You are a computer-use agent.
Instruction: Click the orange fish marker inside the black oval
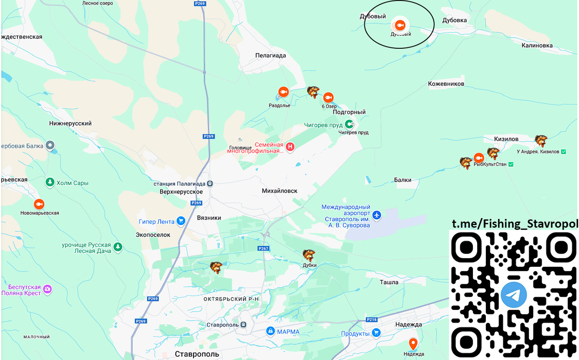click(400, 25)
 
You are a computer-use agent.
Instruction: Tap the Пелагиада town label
click(270, 55)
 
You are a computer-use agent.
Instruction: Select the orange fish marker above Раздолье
click(283, 92)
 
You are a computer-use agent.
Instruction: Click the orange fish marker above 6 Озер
click(329, 97)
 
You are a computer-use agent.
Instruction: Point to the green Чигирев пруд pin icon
click(348, 125)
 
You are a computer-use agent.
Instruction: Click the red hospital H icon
click(290, 147)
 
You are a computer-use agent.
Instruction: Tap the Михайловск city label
click(279, 191)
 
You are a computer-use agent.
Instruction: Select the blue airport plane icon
click(377, 214)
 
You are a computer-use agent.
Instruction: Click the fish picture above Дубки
click(309, 255)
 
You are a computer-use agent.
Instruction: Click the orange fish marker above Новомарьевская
click(39, 203)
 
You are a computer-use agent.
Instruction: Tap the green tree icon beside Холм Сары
click(49, 182)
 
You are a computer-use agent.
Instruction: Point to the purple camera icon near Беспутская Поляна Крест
click(47, 289)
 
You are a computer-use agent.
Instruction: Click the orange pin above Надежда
click(413, 344)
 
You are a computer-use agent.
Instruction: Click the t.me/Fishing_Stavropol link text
click(514, 224)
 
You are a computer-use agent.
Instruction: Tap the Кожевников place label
click(446, 84)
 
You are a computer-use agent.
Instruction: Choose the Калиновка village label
click(537, 45)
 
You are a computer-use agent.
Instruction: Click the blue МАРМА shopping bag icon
click(271, 332)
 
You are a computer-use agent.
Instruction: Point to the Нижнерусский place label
click(70, 124)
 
